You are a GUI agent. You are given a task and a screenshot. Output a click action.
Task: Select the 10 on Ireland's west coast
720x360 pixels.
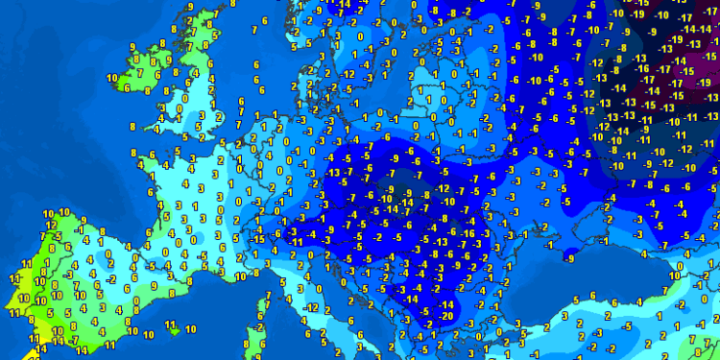click(x=111, y=78)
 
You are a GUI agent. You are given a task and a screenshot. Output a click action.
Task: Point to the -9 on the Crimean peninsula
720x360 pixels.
click(x=570, y=257)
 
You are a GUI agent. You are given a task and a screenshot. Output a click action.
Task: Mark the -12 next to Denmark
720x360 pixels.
click(x=350, y=74)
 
